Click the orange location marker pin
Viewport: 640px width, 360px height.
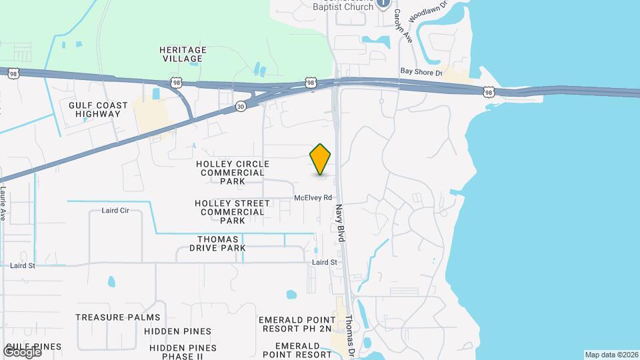click(321, 159)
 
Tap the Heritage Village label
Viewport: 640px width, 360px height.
click(183, 54)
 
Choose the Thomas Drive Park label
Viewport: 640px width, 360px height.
click(221, 243)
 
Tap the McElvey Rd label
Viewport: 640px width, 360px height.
click(313, 198)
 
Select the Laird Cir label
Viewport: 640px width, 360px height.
click(115, 211)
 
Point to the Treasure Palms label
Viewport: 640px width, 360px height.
click(118, 317)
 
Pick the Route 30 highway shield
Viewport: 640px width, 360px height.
click(241, 107)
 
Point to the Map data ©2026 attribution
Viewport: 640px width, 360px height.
click(611, 355)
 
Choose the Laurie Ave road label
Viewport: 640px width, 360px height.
click(3, 203)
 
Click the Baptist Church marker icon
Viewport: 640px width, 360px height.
click(383, 3)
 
